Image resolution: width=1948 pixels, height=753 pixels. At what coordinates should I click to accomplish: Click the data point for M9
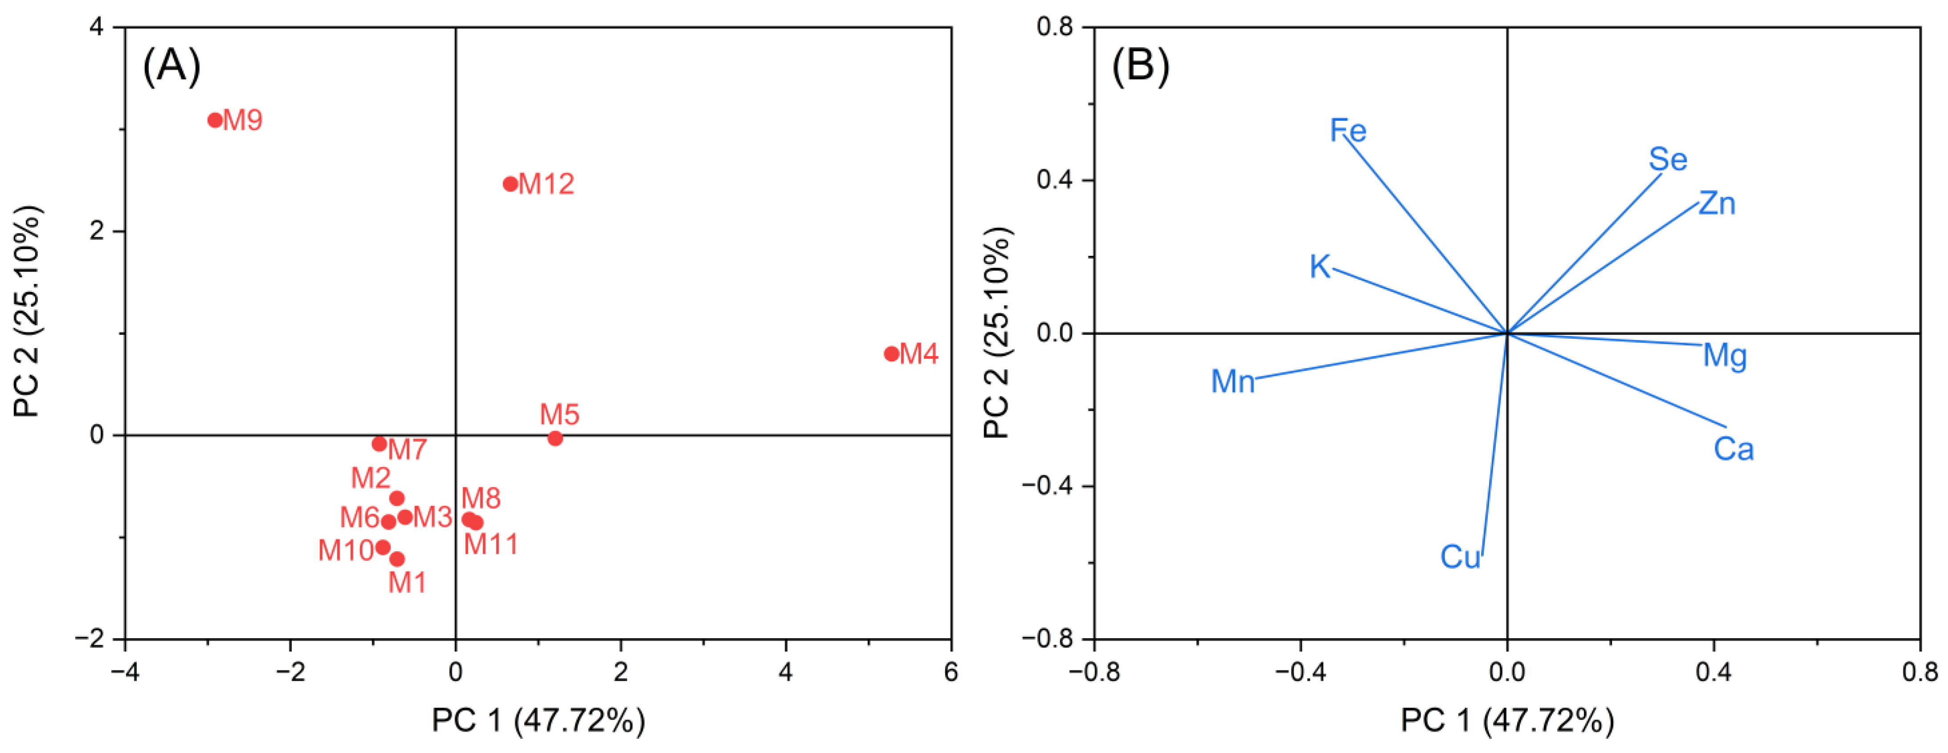coord(215,120)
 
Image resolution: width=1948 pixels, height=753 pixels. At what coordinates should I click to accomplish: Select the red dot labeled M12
coord(511,184)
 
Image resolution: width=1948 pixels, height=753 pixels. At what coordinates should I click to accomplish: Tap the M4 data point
coord(892,354)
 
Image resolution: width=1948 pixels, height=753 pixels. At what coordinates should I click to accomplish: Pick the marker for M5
coord(555,438)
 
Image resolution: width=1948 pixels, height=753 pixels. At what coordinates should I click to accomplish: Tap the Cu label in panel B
coord(1460,557)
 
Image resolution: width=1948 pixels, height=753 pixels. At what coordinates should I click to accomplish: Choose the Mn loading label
coord(1233,382)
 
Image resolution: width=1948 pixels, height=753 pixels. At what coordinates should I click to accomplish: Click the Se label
coord(1668,159)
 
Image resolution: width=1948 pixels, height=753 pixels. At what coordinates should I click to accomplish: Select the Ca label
coord(1733,449)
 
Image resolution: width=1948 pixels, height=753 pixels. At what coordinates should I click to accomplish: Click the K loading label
coord(1319,267)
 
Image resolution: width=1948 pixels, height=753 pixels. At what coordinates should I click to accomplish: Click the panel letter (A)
coord(172,66)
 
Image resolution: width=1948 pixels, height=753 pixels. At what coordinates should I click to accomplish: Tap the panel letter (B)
coord(1140,66)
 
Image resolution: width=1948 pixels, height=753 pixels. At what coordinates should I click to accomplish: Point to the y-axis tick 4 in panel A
coord(97,27)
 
